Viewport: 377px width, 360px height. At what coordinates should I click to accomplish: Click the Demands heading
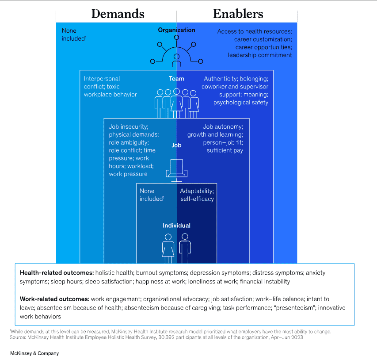tap(118, 14)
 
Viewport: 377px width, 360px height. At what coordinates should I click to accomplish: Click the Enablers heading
tap(238, 14)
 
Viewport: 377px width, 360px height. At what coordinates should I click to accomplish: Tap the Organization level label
tap(176, 30)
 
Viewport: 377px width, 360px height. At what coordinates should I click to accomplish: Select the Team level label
tap(176, 79)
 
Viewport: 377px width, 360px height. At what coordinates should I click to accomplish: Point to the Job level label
tap(176, 145)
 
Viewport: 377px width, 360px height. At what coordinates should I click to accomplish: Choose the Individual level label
tap(176, 226)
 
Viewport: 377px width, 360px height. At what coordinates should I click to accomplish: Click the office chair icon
tap(176, 170)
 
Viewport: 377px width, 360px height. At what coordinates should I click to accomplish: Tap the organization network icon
tap(176, 52)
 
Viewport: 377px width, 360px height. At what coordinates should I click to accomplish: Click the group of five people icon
tap(176, 103)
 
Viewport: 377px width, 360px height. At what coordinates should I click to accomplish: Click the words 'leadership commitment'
tap(260, 55)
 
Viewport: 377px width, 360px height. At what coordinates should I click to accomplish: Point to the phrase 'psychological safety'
tap(241, 103)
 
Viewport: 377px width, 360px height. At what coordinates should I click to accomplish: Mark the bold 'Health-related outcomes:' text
tap(57, 273)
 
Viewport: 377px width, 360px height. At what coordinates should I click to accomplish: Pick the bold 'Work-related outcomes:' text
tap(55, 299)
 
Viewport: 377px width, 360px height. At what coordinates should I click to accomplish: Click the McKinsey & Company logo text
tap(34, 353)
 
